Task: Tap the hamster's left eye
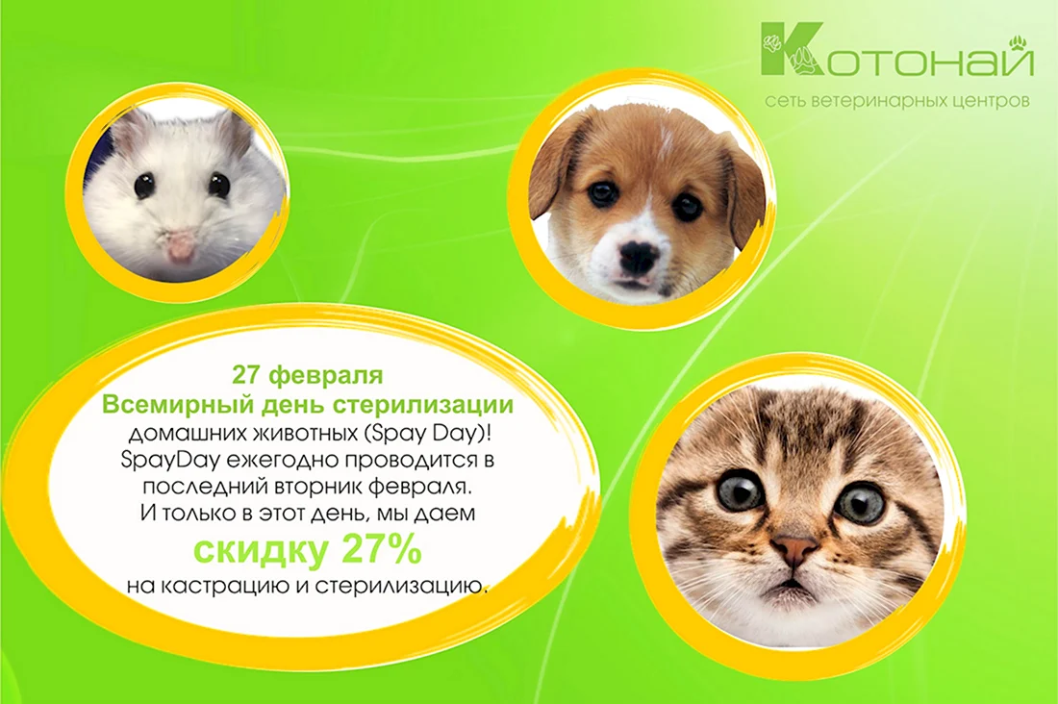[144, 186]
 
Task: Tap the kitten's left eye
[741, 494]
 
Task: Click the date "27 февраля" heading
[307, 375]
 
